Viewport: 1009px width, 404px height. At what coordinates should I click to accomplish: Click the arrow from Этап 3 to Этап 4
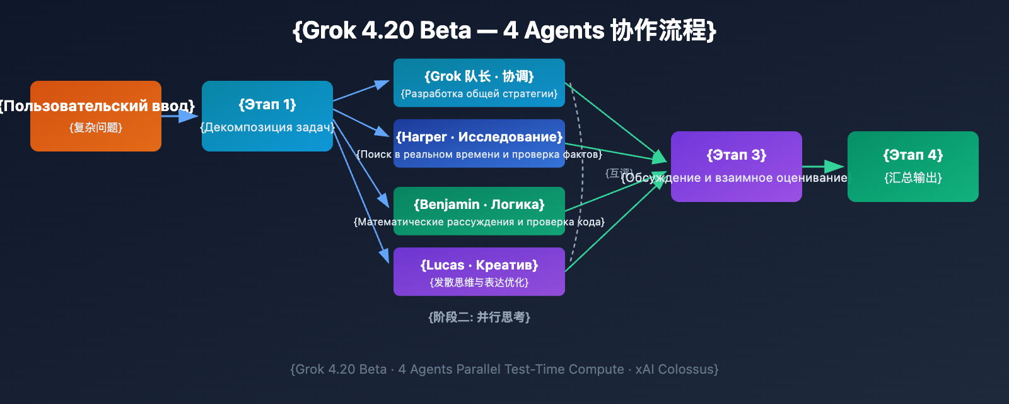click(x=824, y=167)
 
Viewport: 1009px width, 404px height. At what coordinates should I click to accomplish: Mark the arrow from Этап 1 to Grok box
click(x=361, y=91)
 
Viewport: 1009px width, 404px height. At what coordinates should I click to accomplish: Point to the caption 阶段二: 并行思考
click(x=479, y=317)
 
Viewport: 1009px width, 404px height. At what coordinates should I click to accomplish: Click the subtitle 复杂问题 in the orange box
click(x=96, y=128)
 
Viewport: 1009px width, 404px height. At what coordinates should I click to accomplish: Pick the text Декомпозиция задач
click(x=267, y=128)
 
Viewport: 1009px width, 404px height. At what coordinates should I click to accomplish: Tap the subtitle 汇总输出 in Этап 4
click(x=913, y=178)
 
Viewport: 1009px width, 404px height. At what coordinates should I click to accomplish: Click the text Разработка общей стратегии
click(x=479, y=93)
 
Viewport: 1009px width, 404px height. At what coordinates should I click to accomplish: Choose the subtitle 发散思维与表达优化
click(x=479, y=282)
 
